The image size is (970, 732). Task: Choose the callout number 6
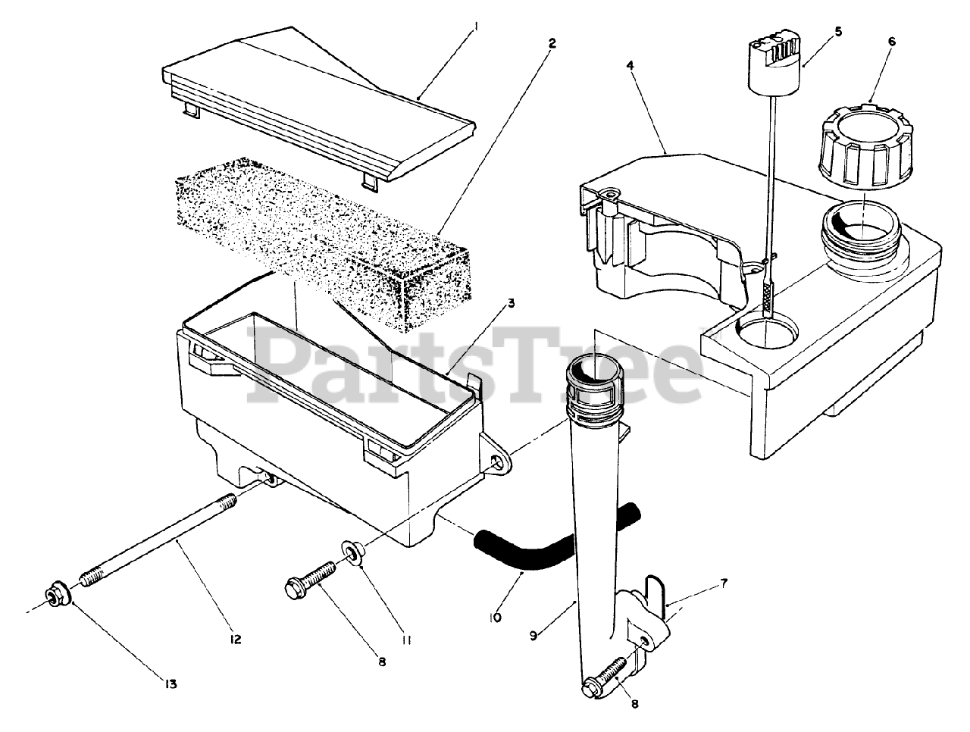tap(891, 42)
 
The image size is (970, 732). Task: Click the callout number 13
tap(169, 684)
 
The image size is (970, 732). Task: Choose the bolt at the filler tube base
tap(610, 679)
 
